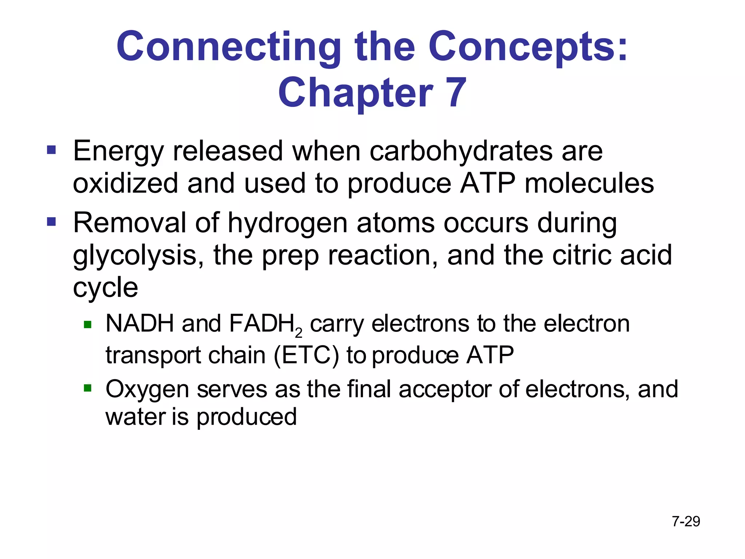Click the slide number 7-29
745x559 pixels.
[x=686, y=522]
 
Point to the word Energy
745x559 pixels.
[x=118, y=151]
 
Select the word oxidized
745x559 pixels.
[x=126, y=183]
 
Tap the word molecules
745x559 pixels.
[x=589, y=183]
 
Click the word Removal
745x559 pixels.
[x=130, y=222]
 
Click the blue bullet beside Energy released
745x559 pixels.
[x=51, y=150]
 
